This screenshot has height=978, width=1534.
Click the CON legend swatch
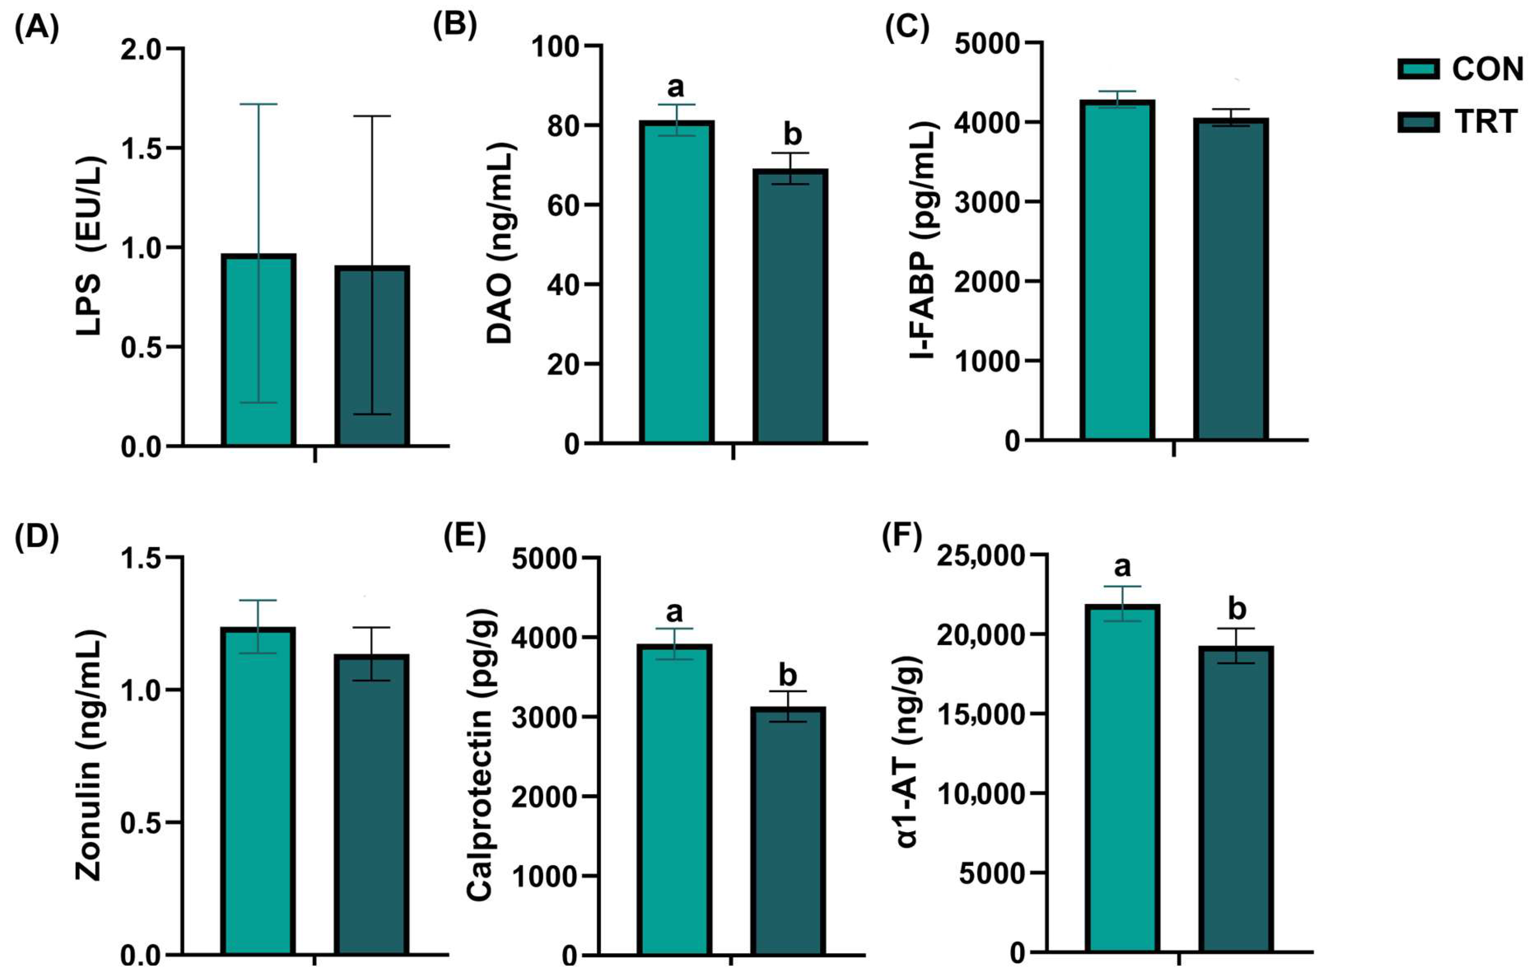[x=1418, y=69]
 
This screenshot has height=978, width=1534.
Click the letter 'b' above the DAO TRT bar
[x=792, y=134]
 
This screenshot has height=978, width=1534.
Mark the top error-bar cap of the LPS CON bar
[x=259, y=104]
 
